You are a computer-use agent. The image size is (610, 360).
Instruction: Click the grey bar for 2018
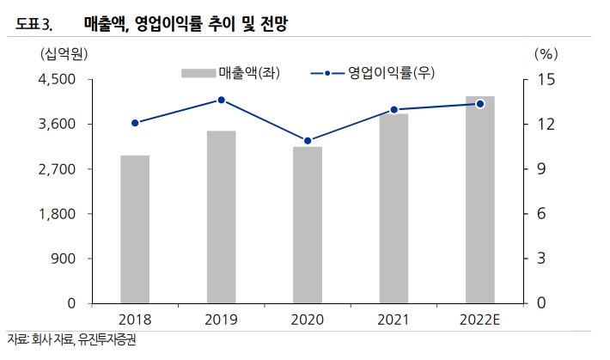pyautogui.click(x=135, y=229)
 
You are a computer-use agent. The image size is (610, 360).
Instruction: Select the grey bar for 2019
pyautogui.click(x=221, y=217)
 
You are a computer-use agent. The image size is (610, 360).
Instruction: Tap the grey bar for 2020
pyautogui.click(x=308, y=225)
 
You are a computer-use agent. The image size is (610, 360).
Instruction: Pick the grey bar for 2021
pyautogui.click(x=393, y=209)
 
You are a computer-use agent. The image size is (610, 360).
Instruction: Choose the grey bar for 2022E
pyautogui.click(x=480, y=200)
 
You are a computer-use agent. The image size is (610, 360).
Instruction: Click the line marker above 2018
pyautogui.click(x=135, y=123)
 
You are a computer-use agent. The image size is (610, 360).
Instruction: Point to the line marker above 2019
pyautogui.click(x=221, y=100)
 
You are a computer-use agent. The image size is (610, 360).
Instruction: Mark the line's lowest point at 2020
pyautogui.click(x=308, y=141)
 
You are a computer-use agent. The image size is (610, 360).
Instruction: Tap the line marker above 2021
pyautogui.click(x=393, y=110)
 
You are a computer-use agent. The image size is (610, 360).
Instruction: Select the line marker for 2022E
pyautogui.click(x=480, y=104)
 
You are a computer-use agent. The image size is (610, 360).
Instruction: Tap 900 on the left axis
pyautogui.click(x=64, y=259)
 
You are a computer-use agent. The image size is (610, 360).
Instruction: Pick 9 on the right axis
pyautogui.click(x=542, y=169)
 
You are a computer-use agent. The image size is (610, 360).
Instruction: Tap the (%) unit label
pyautogui.click(x=546, y=53)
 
